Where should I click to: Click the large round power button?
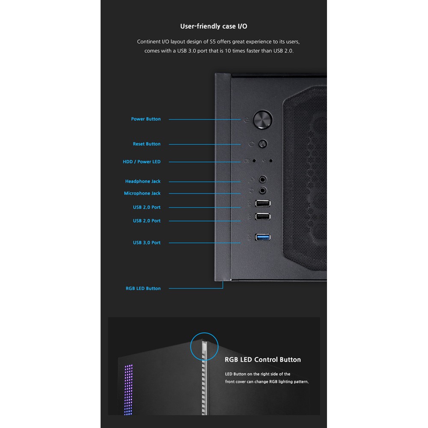point(262,119)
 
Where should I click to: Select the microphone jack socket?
point(263,190)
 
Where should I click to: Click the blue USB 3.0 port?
point(262,237)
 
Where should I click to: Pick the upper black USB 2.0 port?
point(262,204)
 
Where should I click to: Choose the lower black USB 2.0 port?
point(262,217)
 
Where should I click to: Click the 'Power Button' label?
point(146,119)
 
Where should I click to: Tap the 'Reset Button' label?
point(147,144)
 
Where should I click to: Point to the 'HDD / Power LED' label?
point(142,162)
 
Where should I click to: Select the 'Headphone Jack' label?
point(143,181)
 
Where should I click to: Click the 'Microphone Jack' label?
point(143,193)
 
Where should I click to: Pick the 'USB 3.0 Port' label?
point(147,243)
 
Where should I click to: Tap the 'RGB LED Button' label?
point(143,288)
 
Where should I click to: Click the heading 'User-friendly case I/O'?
point(214,26)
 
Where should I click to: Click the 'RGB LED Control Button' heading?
point(263,360)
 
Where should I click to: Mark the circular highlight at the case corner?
point(204,347)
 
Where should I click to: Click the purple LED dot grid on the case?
point(128,387)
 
